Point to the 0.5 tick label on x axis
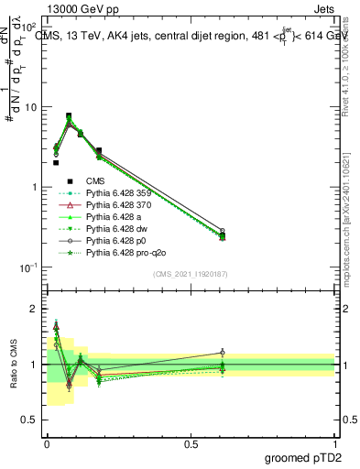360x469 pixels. (191, 444)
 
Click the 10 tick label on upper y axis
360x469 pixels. (30, 107)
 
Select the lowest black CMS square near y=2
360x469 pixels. (56, 163)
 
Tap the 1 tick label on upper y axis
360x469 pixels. (34, 187)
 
